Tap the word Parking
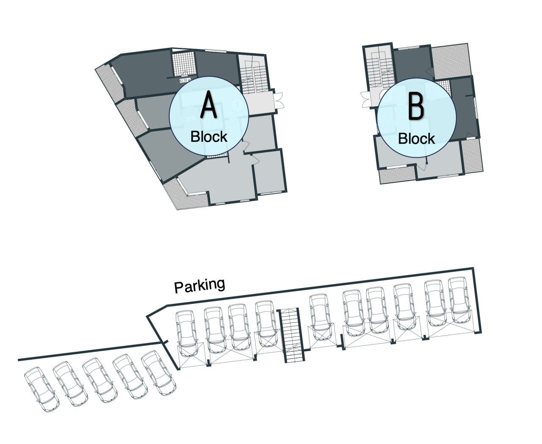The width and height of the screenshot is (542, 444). point(199,286)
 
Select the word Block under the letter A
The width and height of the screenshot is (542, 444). point(209,136)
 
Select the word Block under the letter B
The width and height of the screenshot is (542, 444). point(416,138)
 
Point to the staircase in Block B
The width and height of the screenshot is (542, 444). point(379,68)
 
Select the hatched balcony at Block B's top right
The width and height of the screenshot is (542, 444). point(451,61)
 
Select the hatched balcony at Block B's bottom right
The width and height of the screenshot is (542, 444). point(472,156)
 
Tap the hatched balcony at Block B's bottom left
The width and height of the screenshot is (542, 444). point(397,176)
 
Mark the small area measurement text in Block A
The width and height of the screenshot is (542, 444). point(185,80)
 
